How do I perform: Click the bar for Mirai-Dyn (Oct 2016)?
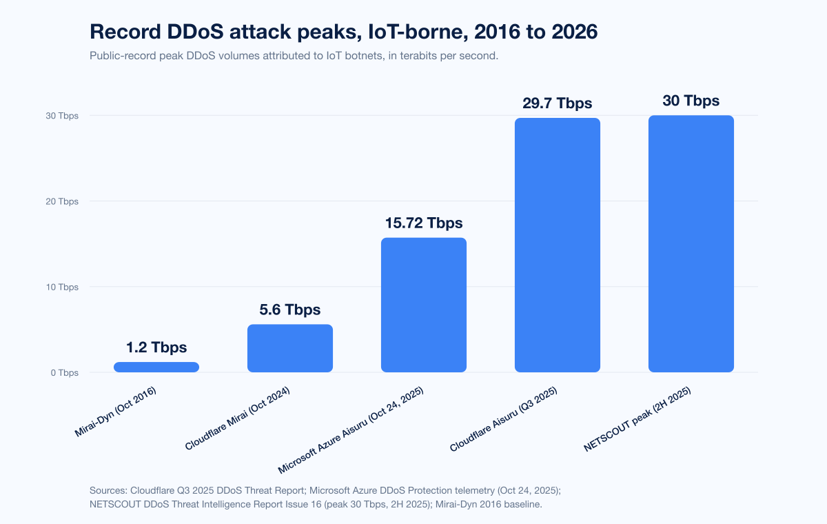[156, 367]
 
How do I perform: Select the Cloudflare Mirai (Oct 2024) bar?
[290, 348]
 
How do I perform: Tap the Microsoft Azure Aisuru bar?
[424, 305]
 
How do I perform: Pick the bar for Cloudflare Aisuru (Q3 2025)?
[558, 245]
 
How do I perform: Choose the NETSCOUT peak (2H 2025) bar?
[691, 243]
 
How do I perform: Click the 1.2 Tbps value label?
[156, 347]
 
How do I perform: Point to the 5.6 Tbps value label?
[290, 310]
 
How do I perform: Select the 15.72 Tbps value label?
[424, 223]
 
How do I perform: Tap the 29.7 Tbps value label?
[558, 103]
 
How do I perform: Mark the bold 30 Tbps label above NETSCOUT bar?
[691, 101]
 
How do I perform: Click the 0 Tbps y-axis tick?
[63, 373]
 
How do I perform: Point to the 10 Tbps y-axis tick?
[61, 287]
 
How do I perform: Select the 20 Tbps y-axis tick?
[61, 201]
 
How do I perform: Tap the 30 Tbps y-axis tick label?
[61, 116]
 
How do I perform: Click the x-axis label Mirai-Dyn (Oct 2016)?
[116, 412]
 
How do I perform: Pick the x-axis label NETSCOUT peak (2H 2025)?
[637, 419]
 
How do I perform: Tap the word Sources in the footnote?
[108, 490]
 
